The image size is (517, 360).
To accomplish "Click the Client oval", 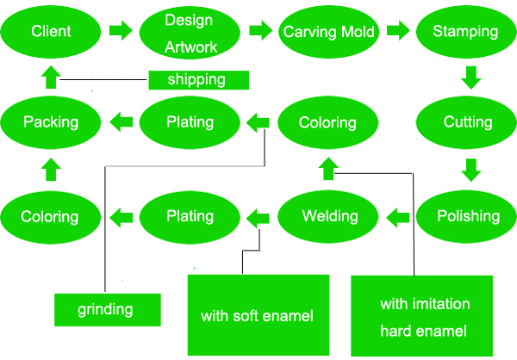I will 51,33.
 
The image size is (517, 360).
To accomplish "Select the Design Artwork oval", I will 190,33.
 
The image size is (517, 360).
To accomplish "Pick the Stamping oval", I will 465,33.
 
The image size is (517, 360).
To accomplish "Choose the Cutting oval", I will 467,122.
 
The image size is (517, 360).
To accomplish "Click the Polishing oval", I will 467,215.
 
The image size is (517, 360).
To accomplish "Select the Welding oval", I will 328,215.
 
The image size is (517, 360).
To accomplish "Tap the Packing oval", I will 52,122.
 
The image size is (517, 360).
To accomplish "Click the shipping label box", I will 198,80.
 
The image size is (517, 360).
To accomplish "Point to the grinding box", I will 107,309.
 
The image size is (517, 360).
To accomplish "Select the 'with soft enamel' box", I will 258,315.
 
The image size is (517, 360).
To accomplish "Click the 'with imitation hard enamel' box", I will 424,316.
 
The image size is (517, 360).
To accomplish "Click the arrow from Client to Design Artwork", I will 121,32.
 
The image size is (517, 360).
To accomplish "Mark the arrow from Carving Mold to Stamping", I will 398,32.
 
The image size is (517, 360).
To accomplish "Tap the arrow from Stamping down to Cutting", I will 470,78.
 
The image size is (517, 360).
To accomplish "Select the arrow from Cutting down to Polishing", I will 470,169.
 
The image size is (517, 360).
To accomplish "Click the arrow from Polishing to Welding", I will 397,216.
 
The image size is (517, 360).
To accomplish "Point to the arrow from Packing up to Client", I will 51,78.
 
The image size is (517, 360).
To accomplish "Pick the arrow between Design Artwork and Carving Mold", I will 260,32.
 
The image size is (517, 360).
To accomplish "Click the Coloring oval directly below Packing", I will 51,216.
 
